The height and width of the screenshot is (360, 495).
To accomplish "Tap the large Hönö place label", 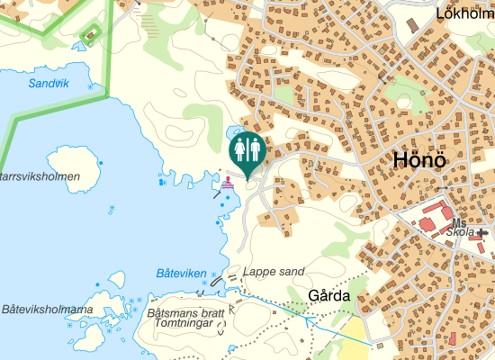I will (x=420, y=161).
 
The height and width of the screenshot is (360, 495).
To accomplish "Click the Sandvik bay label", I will (x=48, y=83).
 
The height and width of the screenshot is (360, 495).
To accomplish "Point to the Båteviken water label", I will (x=181, y=273).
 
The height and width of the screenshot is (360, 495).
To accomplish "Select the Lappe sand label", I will (x=274, y=271).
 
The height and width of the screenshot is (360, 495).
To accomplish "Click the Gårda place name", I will (x=328, y=295).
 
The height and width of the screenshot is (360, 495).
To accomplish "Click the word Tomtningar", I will (x=188, y=322).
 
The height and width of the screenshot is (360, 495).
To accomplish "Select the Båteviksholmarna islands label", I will (x=47, y=310).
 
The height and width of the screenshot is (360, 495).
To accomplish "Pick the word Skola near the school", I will (x=460, y=232).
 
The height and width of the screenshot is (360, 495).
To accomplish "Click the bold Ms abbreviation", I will (x=460, y=222).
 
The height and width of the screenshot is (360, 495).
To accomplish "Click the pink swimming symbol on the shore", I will (x=229, y=181).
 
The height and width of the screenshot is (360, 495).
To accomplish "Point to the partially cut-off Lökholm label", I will (x=464, y=13).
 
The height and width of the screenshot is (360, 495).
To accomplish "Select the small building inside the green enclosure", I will (x=89, y=36).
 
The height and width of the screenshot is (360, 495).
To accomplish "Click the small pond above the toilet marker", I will (x=235, y=130).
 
